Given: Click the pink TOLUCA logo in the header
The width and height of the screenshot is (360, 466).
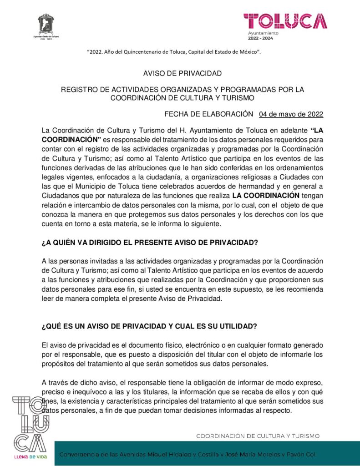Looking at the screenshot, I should [x=285, y=21].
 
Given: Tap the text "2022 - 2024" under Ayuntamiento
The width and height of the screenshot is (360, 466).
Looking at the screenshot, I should [x=263, y=39].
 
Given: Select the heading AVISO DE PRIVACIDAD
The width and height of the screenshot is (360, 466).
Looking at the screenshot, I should [x=182, y=73].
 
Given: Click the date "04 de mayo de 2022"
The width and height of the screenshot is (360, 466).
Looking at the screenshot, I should [x=291, y=114].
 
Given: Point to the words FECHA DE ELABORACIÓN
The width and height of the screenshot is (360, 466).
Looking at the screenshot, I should [x=208, y=114].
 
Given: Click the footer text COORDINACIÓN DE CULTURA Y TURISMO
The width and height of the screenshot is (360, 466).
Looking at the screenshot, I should [x=258, y=436].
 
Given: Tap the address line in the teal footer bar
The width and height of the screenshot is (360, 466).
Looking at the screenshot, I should [x=189, y=455].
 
